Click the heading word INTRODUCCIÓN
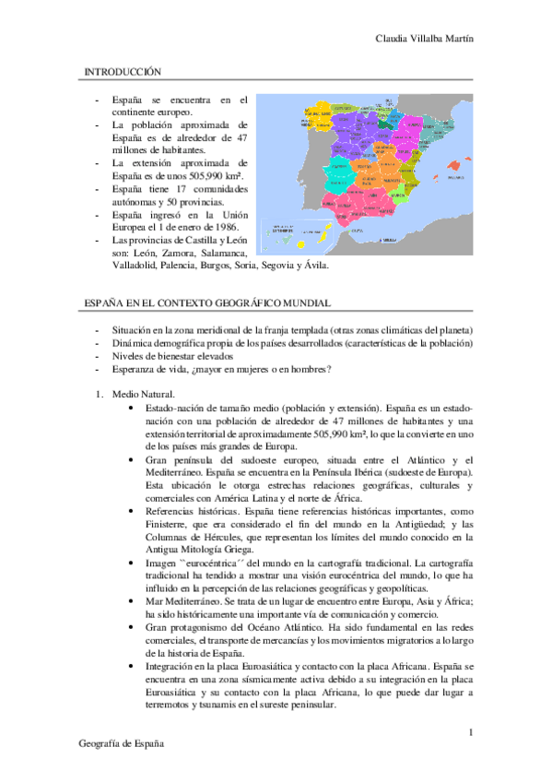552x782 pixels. tap(123, 71)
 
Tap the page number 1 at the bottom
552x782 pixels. tap(470, 733)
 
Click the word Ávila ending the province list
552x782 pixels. tap(314, 266)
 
